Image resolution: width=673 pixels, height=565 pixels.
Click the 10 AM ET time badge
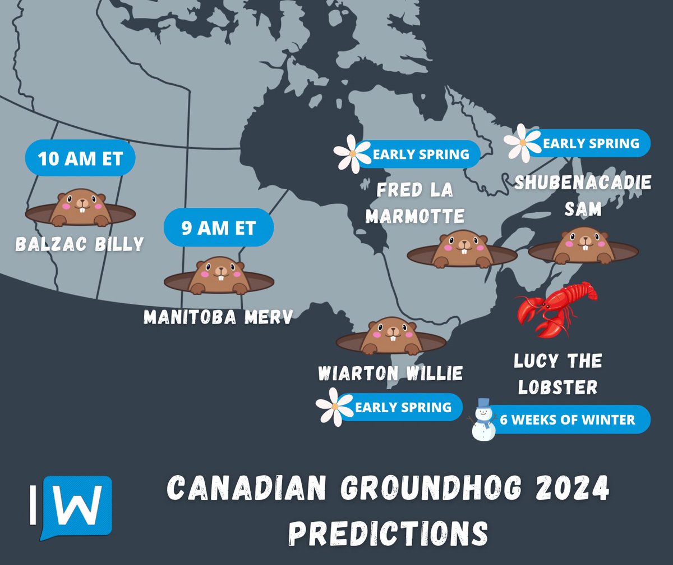click(x=80, y=159)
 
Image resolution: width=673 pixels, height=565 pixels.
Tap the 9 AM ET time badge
click(x=218, y=229)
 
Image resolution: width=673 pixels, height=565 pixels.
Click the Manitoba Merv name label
click(x=218, y=317)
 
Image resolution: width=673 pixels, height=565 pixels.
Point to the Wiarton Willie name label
click(x=390, y=373)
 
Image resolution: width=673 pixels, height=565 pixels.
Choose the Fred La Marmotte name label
click(x=414, y=202)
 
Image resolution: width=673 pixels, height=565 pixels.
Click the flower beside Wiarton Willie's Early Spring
click(x=334, y=406)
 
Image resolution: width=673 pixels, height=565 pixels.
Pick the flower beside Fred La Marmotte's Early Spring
click(x=352, y=153)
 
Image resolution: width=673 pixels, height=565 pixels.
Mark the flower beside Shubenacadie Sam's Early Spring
click(x=522, y=143)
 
